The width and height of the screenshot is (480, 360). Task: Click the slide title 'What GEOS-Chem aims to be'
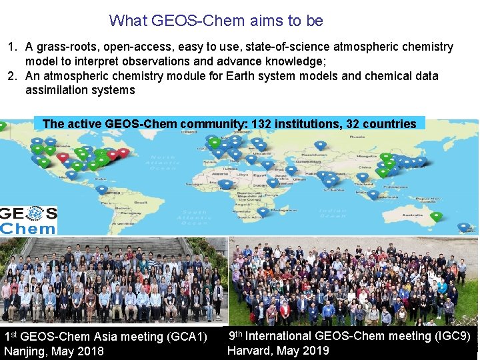(216, 21)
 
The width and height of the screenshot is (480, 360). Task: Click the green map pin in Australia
(436, 216)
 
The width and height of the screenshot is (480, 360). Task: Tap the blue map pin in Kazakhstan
(320, 145)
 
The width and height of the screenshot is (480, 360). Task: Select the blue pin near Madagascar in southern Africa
(263, 211)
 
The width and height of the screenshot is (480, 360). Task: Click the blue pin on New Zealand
(463, 227)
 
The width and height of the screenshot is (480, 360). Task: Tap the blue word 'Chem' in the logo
(28, 228)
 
